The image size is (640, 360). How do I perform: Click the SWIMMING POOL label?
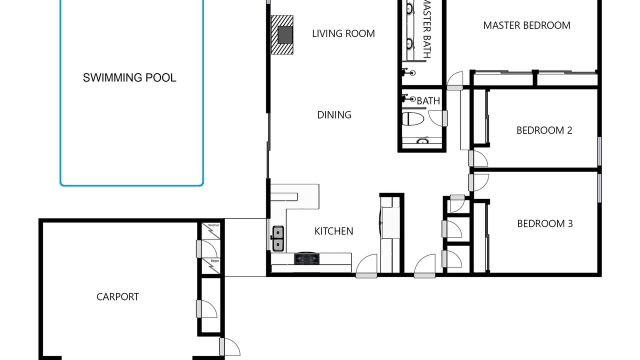click(x=129, y=77)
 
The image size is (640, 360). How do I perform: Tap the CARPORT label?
click(x=117, y=297)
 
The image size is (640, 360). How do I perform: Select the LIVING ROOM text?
click(x=343, y=33)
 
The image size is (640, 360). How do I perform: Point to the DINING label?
click(x=334, y=115)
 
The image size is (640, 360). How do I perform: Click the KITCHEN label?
click(x=333, y=231)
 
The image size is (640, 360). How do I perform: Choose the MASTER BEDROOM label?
click(x=527, y=25)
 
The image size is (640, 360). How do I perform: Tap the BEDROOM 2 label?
click(x=544, y=130)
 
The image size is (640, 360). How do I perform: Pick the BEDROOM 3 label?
click(x=545, y=223)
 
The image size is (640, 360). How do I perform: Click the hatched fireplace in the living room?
click(x=282, y=35)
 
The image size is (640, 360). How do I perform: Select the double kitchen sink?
click(x=278, y=238)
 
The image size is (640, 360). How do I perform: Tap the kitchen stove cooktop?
click(x=307, y=258)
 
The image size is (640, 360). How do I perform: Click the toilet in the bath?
click(x=413, y=119)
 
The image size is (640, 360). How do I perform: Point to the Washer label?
click(x=213, y=225)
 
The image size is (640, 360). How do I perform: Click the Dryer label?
click(x=215, y=261)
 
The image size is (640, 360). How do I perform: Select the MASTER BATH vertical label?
click(x=426, y=29)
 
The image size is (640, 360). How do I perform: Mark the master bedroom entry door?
click(x=455, y=81)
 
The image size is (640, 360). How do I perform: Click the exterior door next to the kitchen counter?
click(x=366, y=265)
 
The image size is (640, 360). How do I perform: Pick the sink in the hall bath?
click(x=422, y=141)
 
